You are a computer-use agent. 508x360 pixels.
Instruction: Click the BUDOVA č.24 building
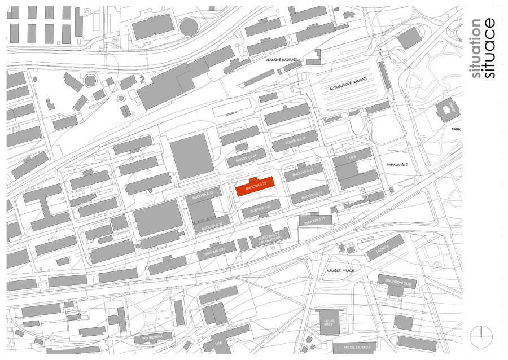[x=246, y=159]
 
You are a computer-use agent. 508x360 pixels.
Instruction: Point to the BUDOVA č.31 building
[x=216, y=250]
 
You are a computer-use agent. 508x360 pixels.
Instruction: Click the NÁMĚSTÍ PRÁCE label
[x=340, y=271]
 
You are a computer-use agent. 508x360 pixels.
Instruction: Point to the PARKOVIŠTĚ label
[x=397, y=165]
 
